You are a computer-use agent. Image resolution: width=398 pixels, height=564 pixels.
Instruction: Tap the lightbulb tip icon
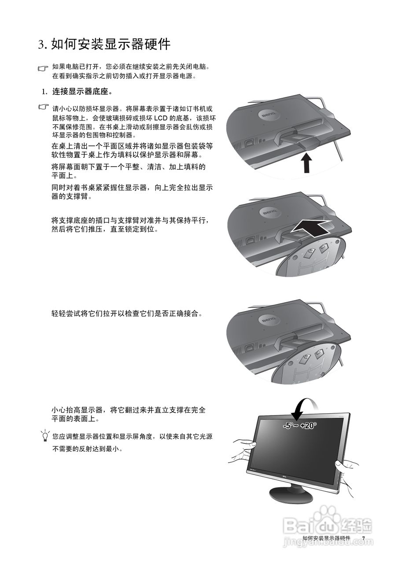(44, 436)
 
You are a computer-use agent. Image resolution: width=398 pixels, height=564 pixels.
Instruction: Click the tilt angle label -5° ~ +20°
(300, 426)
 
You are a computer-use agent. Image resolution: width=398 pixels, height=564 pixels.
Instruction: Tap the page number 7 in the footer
(364, 538)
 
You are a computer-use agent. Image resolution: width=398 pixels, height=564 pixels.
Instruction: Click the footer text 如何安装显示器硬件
(326, 538)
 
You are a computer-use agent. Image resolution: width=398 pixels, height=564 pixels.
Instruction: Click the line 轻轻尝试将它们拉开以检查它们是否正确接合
(127, 314)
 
